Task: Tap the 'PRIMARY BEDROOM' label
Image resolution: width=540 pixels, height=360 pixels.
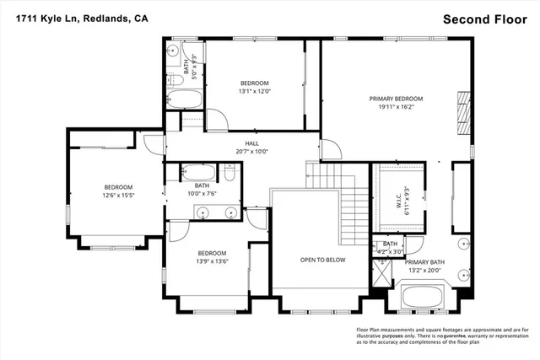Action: pyautogui.click(x=396, y=99)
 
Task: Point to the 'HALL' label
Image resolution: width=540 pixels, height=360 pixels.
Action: pyautogui.click(x=251, y=143)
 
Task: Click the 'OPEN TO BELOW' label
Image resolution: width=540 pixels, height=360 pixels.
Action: pyautogui.click(x=323, y=260)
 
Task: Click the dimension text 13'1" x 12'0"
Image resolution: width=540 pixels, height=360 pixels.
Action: pyautogui.click(x=255, y=91)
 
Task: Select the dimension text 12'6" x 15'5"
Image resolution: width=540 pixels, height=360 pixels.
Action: pyautogui.click(x=118, y=196)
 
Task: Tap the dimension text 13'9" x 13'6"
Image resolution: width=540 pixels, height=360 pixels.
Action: pyautogui.click(x=212, y=261)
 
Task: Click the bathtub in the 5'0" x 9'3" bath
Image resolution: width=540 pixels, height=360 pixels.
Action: pyautogui.click(x=185, y=99)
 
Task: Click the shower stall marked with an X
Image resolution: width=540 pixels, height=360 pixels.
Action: pyautogui.click(x=381, y=273)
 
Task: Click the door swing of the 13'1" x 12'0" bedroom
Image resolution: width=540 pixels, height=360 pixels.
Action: pyautogui.click(x=217, y=120)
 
